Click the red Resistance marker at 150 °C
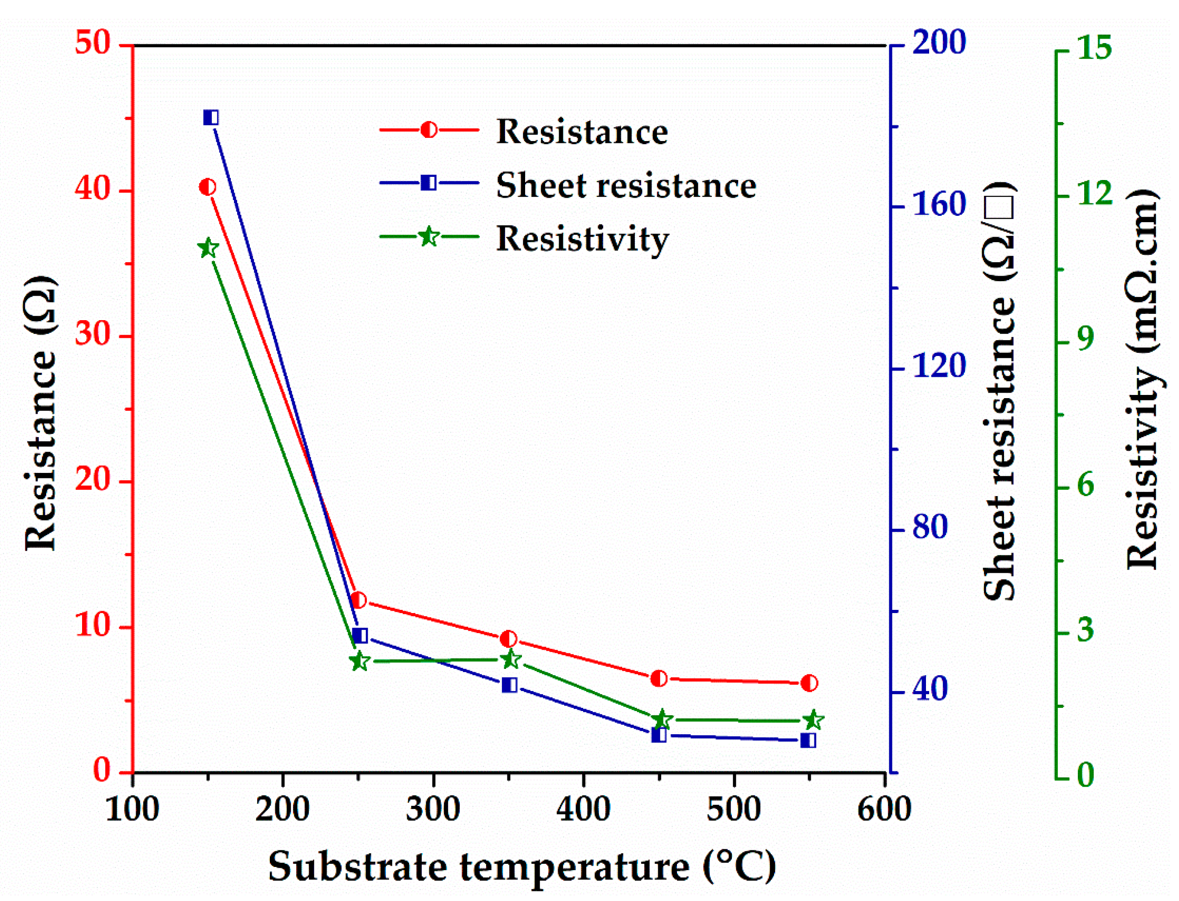(208, 187)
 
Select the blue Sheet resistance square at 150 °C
(211, 117)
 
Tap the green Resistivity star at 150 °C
(208, 248)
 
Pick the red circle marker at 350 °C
(508, 639)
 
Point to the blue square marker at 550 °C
(809, 740)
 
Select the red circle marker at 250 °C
(358, 600)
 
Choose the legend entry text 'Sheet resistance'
(626, 185)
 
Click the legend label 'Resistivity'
(583, 238)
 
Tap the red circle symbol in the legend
(429, 130)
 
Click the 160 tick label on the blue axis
(939, 205)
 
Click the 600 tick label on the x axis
(884, 809)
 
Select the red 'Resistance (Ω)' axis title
(40, 413)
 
